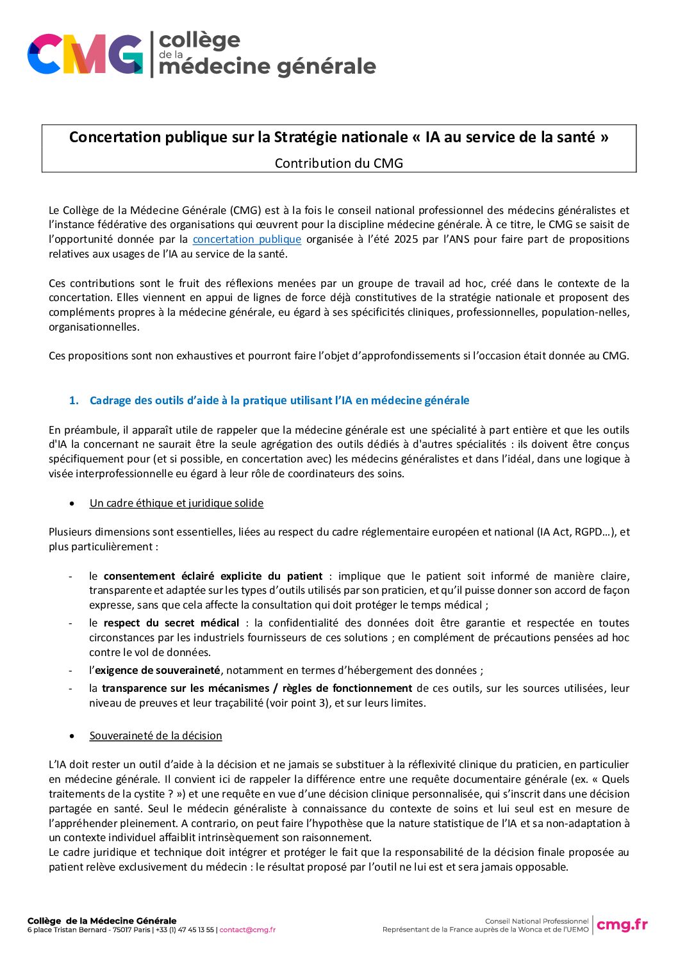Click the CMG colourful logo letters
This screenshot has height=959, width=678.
(85, 54)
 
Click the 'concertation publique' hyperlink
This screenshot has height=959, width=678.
(247, 239)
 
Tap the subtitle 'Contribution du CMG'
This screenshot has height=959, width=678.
(339, 163)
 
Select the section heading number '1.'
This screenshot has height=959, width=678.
(74, 400)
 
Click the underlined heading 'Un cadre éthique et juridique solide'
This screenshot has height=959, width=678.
(176, 503)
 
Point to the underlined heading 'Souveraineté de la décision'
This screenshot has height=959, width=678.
(156, 735)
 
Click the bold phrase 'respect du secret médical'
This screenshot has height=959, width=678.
(171, 623)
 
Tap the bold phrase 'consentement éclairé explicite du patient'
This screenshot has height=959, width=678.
(213, 576)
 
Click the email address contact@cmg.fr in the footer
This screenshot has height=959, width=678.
(247, 930)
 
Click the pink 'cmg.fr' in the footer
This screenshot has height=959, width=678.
(622, 924)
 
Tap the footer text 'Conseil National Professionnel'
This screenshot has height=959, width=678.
(536, 921)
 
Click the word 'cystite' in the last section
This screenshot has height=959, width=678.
(154, 794)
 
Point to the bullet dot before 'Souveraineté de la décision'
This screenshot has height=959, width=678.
(72, 736)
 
